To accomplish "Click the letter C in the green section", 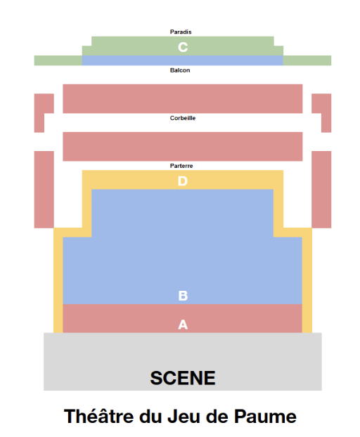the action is tap(183, 47).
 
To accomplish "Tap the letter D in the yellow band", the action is tap(183, 181).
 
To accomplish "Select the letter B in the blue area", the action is tap(183, 296).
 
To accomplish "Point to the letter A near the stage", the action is tap(183, 325).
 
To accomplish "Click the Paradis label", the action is tap(181, 32).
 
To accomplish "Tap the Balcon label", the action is tap(180, 70).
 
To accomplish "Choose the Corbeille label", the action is tap(183, 118).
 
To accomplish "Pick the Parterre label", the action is tap(181, 166).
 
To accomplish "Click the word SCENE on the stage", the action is tap(183, 378).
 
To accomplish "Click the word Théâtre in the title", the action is tap(99, 416).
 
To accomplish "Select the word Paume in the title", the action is tap(265, 417).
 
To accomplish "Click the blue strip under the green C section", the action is tap(183, 60).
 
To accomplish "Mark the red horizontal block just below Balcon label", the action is tap(183, 98).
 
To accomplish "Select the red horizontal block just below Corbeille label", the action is tap(183, 147).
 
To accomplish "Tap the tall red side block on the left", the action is tap(44, 190).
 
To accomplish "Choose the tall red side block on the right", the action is tap(321, 190).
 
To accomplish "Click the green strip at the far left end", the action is tap(58, 60).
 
